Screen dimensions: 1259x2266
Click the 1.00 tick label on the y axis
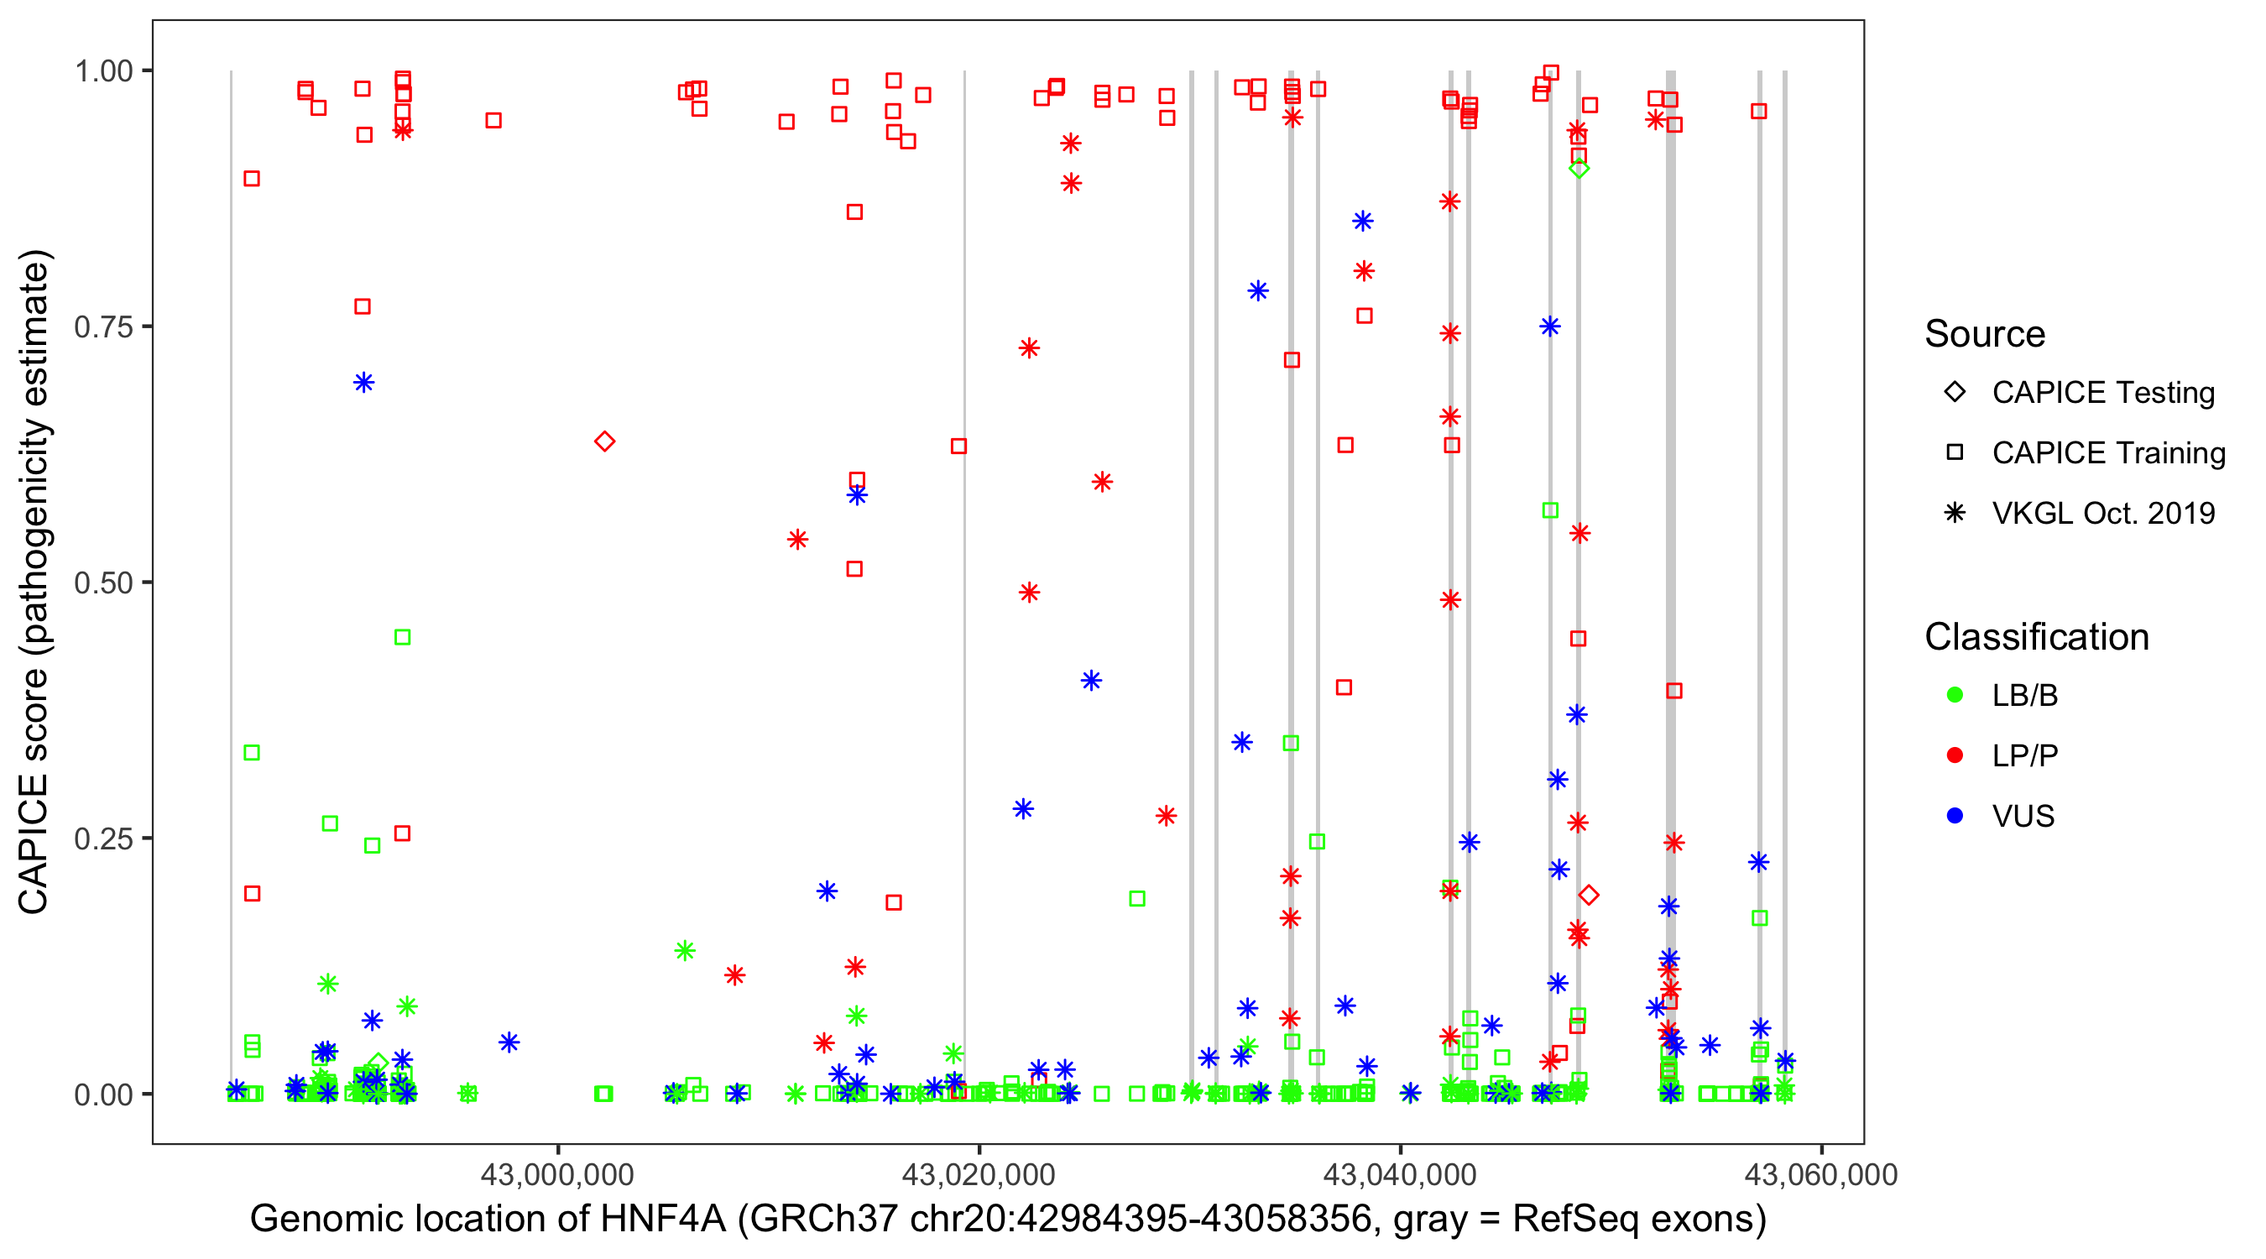103,71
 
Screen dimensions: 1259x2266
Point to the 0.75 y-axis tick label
103,327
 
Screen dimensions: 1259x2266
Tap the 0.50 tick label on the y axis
103,582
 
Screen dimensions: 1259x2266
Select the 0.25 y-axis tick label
103,838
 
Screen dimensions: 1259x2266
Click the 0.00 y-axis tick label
103,1094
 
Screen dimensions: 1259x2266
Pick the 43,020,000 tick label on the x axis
979,1175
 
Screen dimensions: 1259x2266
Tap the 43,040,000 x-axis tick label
1400,1175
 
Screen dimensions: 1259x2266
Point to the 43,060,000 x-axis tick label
1821,1175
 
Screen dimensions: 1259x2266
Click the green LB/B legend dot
1955,695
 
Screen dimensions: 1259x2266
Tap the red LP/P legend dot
1955,755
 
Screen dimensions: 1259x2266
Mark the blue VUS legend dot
1955,817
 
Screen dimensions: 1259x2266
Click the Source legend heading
1985,334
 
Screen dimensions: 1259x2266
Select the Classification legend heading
2036,637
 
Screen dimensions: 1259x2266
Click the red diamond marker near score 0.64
604,441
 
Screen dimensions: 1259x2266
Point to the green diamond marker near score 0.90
1579,168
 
